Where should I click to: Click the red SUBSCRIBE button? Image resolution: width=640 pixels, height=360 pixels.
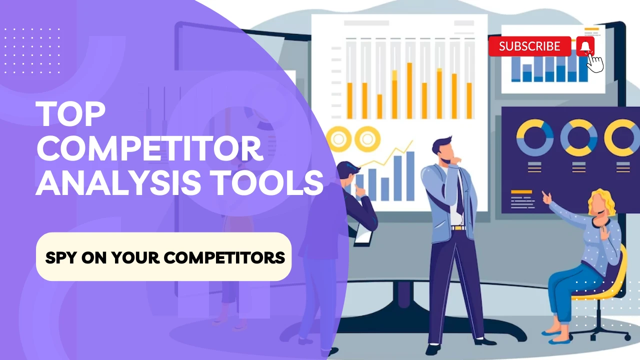pyautogui.click(x=529, y=46)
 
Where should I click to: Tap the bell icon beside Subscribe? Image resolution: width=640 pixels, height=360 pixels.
pyautogui.click(x=585, y=46)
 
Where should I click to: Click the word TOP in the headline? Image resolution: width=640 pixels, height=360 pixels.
pyautogui.click(x=70, y=114)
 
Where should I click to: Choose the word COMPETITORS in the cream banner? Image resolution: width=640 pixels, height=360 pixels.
pyautogui.click(x=224, y=257)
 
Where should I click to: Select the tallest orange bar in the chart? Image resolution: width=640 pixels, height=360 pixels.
pyautogui.click(x=409, y=90)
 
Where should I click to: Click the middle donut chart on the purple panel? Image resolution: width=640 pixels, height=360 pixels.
pyautogui.click(x=579, y=137)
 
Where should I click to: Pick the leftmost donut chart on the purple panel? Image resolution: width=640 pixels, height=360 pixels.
pyautogui.click(x=535, y=137)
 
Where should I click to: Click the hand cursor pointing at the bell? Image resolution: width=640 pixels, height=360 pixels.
pyautogui.click(x=595, y=63)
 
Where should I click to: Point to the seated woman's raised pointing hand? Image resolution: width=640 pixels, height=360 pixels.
pyautogui.click(x=546, y=198)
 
